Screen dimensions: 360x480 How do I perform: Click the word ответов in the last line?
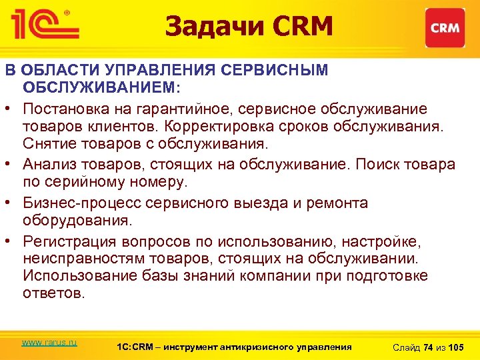click(54, 294)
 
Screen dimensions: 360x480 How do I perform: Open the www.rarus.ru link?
click(49, 342)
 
